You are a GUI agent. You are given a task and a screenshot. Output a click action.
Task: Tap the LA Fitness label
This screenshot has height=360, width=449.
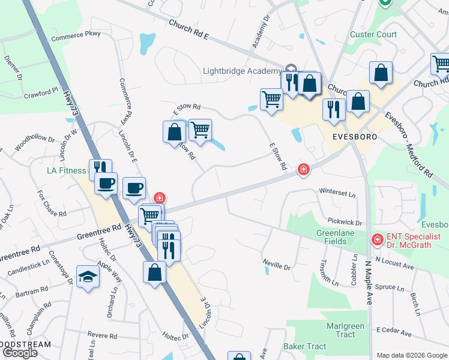point(67,170)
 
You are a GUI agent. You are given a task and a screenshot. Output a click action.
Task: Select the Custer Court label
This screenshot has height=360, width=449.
point(373,34)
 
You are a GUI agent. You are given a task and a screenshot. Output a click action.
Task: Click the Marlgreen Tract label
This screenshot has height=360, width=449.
point(345,331)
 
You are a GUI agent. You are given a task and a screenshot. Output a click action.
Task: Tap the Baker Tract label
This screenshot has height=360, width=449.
point(304,346)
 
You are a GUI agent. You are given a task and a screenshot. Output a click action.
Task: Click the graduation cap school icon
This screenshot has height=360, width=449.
point(88,277)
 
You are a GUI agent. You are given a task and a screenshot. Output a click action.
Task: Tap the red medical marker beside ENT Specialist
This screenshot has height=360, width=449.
point(377,239)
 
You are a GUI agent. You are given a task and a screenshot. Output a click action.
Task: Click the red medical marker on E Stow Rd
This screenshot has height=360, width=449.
point(304,170)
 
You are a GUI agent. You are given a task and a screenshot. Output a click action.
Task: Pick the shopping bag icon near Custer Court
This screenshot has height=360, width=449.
point(381,73)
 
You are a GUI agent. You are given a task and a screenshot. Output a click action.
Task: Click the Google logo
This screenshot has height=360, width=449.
point(20,353)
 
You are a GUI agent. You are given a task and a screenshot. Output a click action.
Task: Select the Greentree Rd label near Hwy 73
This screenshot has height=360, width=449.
point(100,230)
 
